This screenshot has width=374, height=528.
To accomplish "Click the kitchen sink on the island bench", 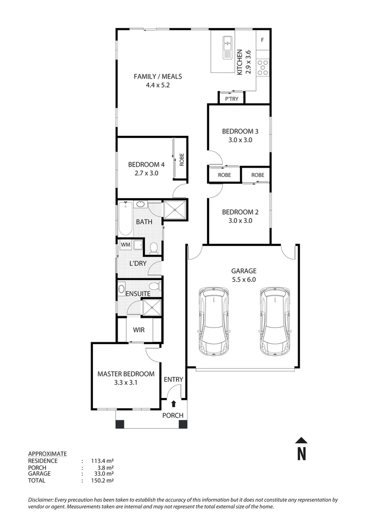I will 228,48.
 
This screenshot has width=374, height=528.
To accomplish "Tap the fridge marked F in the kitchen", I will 262,40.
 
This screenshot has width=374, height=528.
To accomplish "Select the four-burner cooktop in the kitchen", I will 263,66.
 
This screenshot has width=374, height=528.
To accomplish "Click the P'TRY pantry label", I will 232,99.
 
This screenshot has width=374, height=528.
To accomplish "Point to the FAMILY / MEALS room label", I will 158,76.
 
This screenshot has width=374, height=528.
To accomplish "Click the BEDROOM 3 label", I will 240,131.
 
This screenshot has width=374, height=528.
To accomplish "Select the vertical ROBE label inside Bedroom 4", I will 182,159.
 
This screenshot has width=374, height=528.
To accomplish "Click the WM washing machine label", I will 125,244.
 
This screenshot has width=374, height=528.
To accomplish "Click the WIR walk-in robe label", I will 139,330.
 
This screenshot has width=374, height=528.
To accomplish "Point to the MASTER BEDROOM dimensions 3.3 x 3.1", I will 126,383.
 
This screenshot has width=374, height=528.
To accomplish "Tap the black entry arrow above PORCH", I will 174,404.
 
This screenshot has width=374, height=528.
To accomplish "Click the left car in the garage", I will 213,321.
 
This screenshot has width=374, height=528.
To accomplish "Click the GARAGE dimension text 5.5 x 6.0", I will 243,280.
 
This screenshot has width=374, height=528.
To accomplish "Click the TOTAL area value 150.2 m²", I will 102,481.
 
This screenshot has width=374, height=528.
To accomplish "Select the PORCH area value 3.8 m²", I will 104,467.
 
